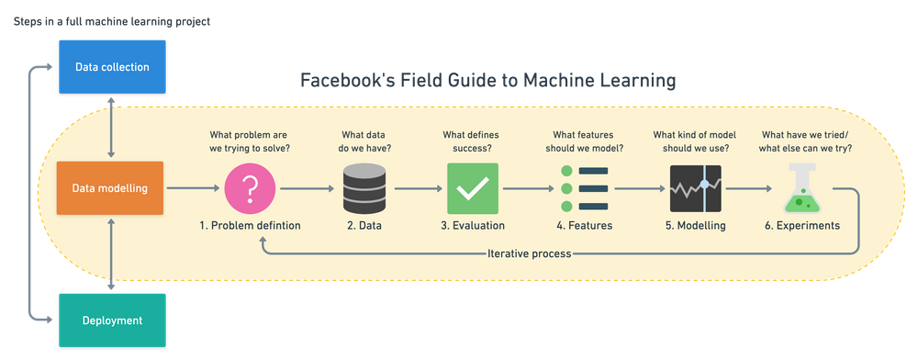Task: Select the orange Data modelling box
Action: [x=110, y=188]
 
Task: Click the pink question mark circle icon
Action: [x=249, y=188]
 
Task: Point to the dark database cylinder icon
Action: [x=365, y=188]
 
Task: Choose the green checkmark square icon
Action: [x=472, y=188]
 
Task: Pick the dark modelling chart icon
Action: [x=695, y=188]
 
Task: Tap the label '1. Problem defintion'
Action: [x=249, y=226]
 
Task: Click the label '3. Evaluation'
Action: [x=472, y=226]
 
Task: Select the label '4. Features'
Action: [x=584, y=226]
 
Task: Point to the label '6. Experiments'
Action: [x=801, y=226]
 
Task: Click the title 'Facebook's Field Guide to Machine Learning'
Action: [x=488, y=83]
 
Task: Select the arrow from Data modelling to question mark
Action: [x=192, y=188]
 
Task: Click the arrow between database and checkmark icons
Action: [x=419, y=188]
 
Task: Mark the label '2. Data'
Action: [x=365, y=226]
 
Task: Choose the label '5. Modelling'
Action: [x=695, y=226]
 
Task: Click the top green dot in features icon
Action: [x=566, y=171]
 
